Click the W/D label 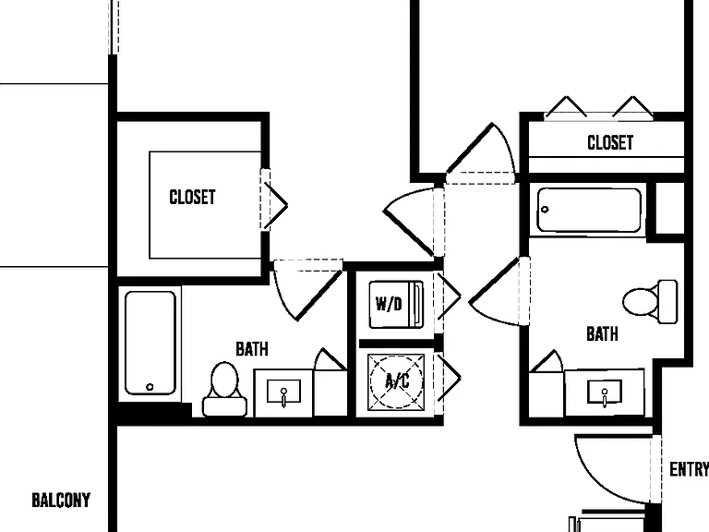click(389, 304)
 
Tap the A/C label click(397, 381)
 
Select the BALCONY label click(61, 501)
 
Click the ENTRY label click(689, 469)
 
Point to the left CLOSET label click(192, 198)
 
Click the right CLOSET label click(610, 142)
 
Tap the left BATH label click(252, 349)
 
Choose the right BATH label click(602, 333)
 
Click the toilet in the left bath click(224, 389)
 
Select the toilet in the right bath click(650, 302)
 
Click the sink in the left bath click(283, 393)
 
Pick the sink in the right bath click(604, 393)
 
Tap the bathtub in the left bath click(150, 343)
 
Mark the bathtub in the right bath click(589, 211)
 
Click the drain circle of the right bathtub click(545, 210)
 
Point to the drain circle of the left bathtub click(150, 387)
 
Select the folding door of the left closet click(275, 206)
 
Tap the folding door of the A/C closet click(449, 377)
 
